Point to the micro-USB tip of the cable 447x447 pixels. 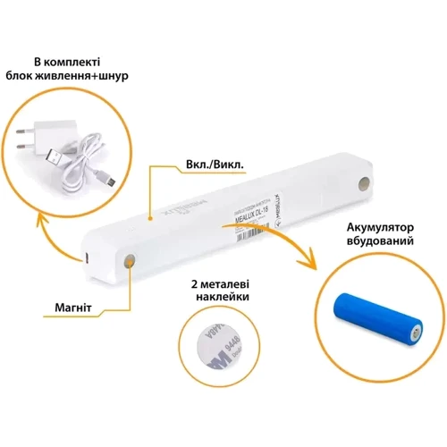point(111,181)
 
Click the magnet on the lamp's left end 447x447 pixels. point(131,261)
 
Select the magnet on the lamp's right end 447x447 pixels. point(362,182)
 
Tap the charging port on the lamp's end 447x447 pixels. point(86,257)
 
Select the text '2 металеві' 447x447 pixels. point(220,283)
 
